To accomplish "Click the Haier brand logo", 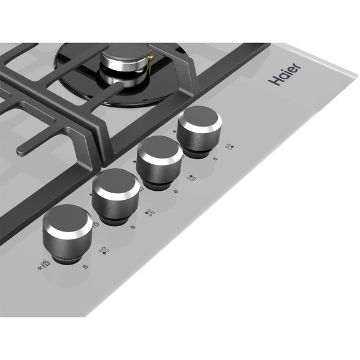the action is [284, 74].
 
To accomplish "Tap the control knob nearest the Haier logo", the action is [200, 131].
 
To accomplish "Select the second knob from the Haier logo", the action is [160, 162].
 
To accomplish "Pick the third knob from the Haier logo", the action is [115, 196].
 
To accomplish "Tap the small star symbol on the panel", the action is [40, 268].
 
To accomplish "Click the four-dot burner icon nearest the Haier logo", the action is [229, 147].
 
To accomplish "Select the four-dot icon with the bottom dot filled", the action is [104, 250].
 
